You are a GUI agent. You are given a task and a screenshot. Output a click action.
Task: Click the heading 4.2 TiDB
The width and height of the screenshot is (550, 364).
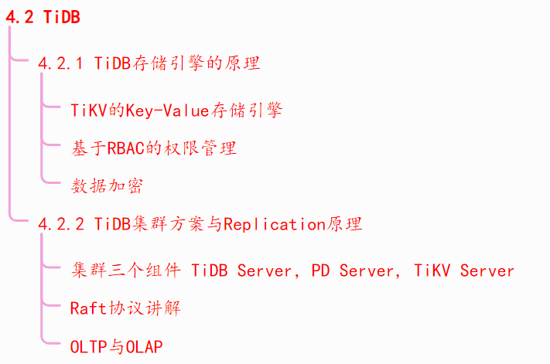point(43,18)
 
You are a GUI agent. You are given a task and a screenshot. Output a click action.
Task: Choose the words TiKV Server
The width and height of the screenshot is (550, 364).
point(464,270)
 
